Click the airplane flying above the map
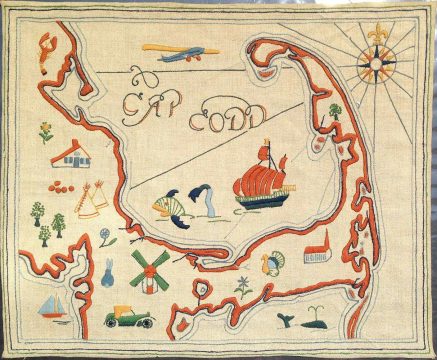pos(170,53)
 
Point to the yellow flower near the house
pos(46,131)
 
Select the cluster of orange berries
pos(61,185)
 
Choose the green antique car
pos(130,317)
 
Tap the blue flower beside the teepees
pos(106,238)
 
